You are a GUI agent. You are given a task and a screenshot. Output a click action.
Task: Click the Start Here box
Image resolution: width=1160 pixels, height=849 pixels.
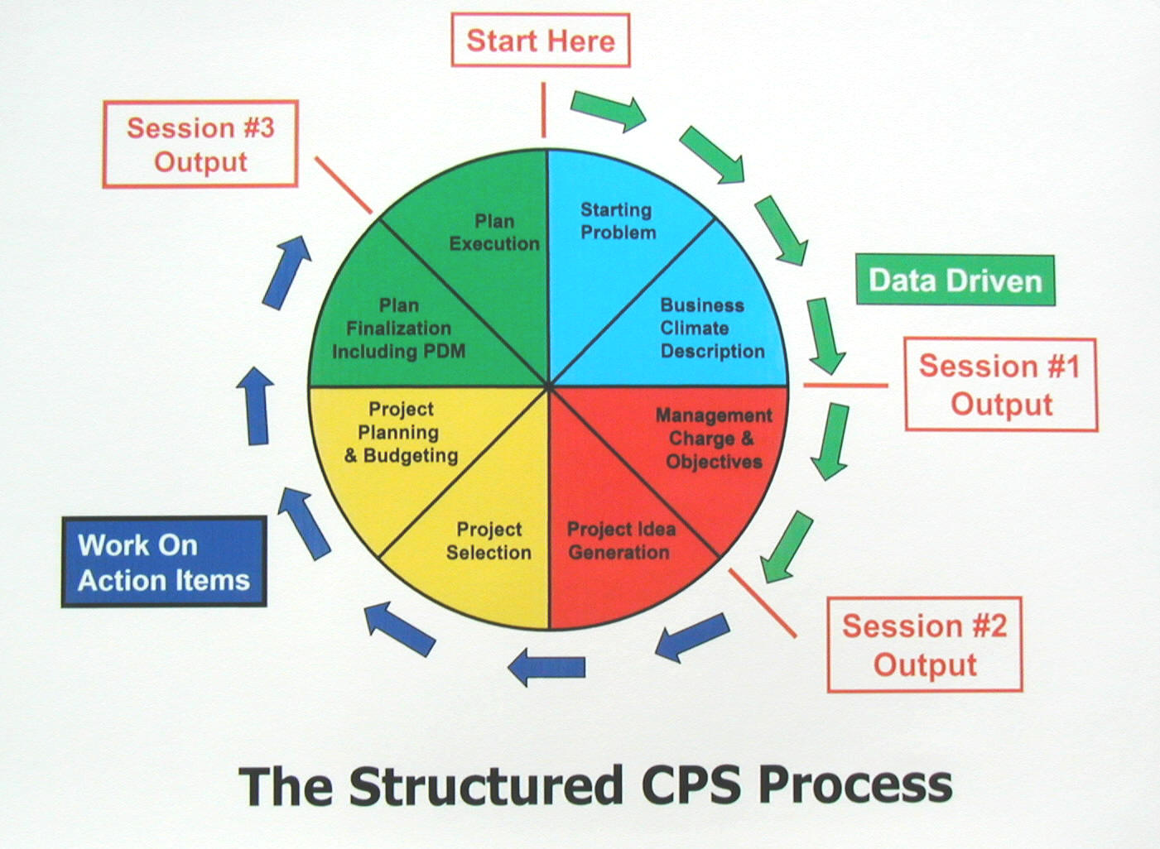click(x=540, y=41)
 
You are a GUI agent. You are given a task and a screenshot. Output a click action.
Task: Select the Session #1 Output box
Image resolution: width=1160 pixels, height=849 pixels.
click(x=1000, y=385)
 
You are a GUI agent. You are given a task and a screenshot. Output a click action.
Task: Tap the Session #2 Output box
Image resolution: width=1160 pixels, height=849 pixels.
click(x=924, y=645)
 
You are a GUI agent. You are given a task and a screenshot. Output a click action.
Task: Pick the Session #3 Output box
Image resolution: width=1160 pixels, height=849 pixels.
click(x=200, y=145)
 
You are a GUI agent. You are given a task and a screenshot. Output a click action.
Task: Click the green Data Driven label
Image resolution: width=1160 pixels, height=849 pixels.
click(x=955, y=281)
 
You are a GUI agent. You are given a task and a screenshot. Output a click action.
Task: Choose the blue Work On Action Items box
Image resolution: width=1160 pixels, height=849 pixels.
click(x=164, y=563)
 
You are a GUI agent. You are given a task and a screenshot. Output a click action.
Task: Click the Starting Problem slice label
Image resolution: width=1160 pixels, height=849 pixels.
click(x=618, y=222)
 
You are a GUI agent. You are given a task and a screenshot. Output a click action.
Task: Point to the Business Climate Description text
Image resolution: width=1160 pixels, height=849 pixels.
click(x=711, y=329)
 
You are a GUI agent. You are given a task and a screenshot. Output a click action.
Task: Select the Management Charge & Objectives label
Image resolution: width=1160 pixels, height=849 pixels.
click(x=713, y=439)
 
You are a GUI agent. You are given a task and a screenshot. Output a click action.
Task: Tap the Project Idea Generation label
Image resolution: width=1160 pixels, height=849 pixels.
click(x=620, y=540)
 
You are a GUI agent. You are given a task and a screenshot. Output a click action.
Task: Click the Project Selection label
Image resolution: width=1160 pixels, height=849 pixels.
click(x=489, y=540)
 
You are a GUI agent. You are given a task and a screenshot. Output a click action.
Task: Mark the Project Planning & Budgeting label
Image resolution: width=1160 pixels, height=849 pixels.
click(x=402, y=432)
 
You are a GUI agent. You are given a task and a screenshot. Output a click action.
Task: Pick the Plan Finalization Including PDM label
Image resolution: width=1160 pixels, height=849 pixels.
click(x=398, y=329)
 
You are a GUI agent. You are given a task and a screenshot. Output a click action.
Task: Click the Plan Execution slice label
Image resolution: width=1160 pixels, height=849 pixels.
click(x=494, y=233)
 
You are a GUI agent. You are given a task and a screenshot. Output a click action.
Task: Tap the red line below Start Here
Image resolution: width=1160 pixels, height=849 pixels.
click(x=543, y=109)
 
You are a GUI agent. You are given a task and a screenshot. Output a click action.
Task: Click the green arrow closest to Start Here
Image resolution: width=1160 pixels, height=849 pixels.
click(x=608, y=110)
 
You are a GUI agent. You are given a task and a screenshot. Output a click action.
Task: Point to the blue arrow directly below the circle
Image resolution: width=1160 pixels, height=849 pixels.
click(x=546, y=666)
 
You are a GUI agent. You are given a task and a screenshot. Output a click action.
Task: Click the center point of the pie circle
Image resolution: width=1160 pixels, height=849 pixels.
click(x=548, y=386)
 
